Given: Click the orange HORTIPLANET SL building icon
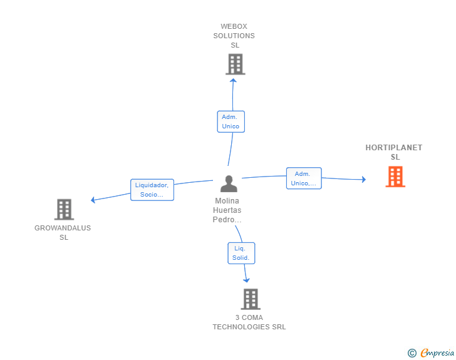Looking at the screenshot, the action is pos(395,177).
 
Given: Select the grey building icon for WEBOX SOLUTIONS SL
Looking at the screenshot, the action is pos(236,64).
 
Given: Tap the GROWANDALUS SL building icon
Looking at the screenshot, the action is pos(64,209).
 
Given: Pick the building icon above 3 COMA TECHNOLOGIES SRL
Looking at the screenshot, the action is pos(251,299).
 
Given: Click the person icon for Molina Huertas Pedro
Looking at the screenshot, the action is pos(229,184).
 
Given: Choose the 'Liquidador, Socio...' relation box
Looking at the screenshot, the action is pos(152,190).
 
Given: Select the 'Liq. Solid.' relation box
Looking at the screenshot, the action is pos(241,254).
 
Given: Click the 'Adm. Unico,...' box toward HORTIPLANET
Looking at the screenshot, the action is pos(304,178).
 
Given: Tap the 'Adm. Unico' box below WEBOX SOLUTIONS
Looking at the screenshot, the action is pos(231,121).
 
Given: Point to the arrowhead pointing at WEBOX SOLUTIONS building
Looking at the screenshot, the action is pos(233,81).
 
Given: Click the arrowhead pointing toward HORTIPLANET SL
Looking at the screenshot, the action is pos(363,180).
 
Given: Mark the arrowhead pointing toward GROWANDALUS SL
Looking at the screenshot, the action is pos(93,200).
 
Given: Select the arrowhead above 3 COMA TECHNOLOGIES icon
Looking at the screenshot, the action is pos(246,280).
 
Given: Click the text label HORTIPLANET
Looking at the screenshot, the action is pos(394,148).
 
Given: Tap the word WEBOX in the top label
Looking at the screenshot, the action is pos(234,26).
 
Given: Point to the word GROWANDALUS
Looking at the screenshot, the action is pos(63,228).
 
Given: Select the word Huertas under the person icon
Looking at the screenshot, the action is pos(227,210).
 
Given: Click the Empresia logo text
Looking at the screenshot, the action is pos(437,352).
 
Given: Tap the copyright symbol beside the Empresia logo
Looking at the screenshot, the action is pos(412,353).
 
